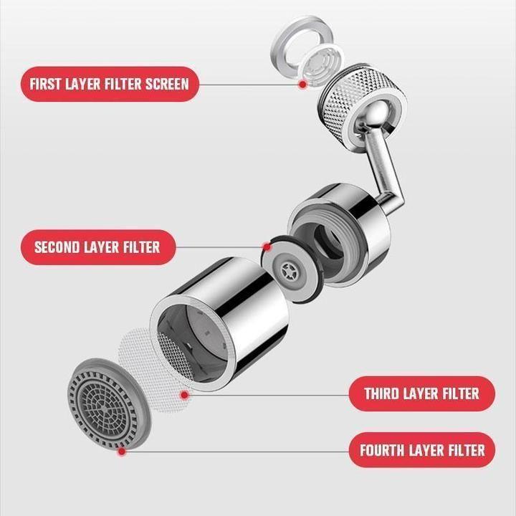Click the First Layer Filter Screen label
click(109, 84)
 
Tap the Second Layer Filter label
click(97, 248)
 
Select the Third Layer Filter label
click(421, 393)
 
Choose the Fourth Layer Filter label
click(421, 450)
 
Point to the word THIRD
click(387, 393)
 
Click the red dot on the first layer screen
click(303, 85)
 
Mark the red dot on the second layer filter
click(267, 247)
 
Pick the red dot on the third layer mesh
click(185, 393)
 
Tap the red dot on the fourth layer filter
click(123, 451)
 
